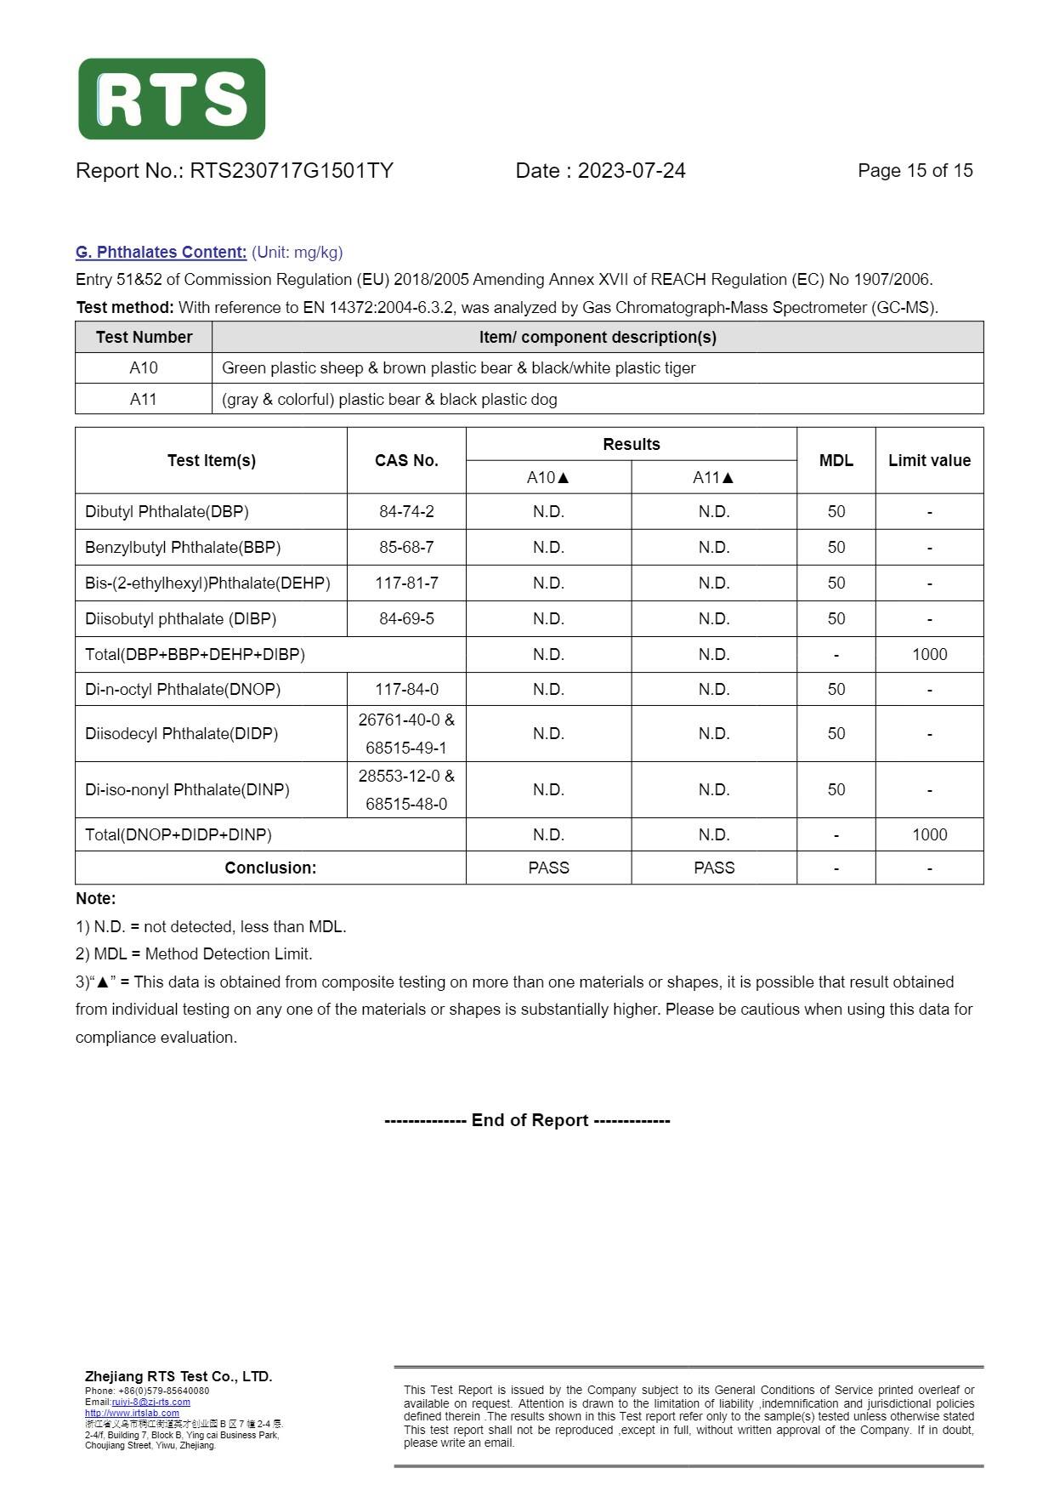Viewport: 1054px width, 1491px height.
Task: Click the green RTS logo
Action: point(172,99)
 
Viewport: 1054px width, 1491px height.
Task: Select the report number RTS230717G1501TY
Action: point(291,171)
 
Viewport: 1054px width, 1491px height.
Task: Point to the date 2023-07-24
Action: point(632,171)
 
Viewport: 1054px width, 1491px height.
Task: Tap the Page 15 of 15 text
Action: point(915,171)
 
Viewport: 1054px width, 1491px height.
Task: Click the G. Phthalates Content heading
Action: point(161,252)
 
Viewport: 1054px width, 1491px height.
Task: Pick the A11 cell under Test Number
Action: point(144,399)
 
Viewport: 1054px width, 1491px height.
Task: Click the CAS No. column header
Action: point(406,460)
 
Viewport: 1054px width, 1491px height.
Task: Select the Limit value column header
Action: point(929,460)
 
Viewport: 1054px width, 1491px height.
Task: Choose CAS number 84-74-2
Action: point(406,511)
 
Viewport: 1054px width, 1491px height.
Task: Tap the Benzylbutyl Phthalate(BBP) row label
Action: point(183,547)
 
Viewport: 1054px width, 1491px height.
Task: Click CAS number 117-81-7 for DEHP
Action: point(406,583)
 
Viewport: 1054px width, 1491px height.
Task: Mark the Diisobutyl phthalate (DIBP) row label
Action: point(180,618)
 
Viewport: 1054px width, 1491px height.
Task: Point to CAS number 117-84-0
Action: point(406,689)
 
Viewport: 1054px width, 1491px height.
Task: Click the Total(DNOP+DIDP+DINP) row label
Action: point(178,834)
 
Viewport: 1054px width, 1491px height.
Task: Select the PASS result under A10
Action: point(548,868)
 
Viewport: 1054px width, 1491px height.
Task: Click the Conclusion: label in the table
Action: point(270,868)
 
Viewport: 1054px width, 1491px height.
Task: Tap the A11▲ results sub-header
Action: point(713,477)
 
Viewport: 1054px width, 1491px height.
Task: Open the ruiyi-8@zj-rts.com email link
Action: point(150,1402)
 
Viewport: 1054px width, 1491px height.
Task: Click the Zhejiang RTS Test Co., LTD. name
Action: point(178,1376)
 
